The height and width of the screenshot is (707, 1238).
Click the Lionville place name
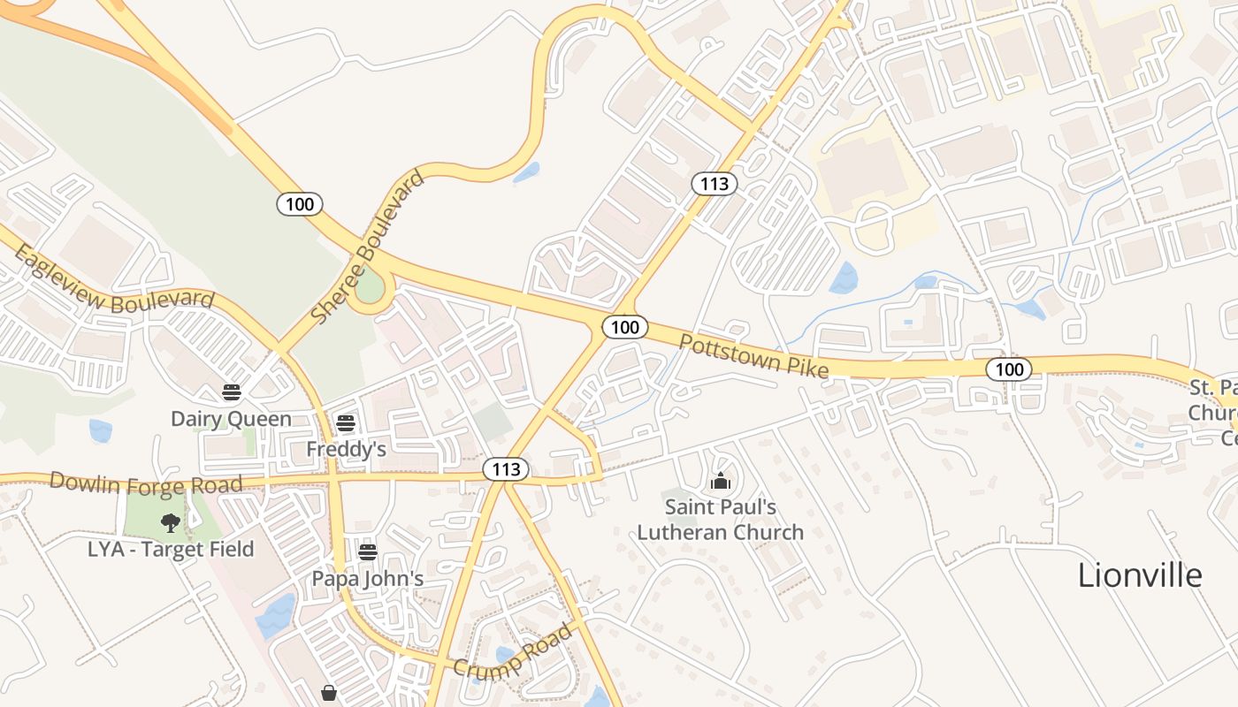[1139, 575]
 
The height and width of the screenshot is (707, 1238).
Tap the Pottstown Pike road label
[753, 356]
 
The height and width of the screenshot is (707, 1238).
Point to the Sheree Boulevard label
[368, 247]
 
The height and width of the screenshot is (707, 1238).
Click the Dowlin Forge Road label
[145, 483]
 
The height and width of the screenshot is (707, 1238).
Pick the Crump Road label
[513, 651]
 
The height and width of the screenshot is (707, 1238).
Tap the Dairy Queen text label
[231, 418]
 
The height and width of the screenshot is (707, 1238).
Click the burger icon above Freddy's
[346, 423]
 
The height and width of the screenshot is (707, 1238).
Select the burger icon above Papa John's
[368, 553]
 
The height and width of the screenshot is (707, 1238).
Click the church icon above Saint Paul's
[721, 482]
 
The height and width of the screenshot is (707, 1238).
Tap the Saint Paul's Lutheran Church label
[721, 520]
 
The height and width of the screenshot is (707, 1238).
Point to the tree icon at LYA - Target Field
[171, 523]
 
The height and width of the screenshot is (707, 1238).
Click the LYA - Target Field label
[171, 549]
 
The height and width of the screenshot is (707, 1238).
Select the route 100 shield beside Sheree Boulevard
[300, 204]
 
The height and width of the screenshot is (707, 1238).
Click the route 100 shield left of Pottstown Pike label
[625, 327]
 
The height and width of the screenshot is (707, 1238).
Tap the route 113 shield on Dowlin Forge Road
[506, 468]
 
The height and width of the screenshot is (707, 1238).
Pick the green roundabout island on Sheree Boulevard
[371, 288]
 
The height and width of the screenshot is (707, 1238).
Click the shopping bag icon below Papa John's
[329, 693]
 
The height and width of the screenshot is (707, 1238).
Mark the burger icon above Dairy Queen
[232, 392]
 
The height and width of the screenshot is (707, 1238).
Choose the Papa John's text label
[367, 579]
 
